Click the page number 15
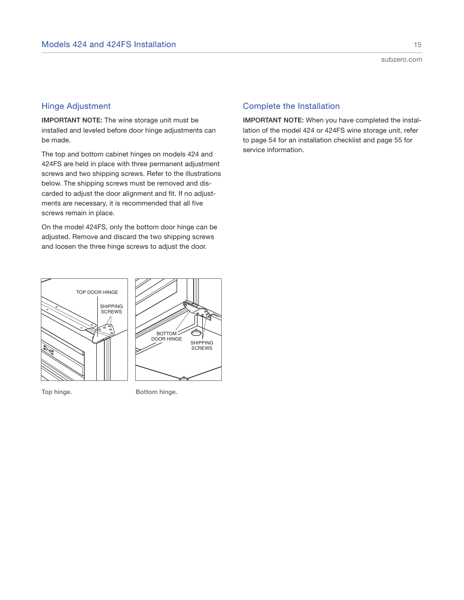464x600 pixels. (x=417, y=45)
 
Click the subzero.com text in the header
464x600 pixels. (x=401, y=59)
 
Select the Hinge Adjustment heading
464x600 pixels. (x=76, y=106)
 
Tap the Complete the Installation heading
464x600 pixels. (x=291, y=106)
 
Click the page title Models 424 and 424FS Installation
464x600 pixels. (x=108, y=44)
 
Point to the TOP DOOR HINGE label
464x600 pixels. (x=97, y=292)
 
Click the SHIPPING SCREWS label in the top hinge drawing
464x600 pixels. (x=111, y=309)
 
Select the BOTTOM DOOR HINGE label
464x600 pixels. (x=166, y=336)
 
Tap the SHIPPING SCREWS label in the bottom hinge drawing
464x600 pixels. (x=201, y=345)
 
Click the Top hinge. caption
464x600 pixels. (x=56, y=392)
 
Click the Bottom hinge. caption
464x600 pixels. (x=156, y=392)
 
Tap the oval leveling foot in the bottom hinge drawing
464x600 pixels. (x=196, y=333)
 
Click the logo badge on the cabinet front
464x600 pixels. (x=48, y=349)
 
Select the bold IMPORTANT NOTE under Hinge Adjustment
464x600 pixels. (x=71, y=120)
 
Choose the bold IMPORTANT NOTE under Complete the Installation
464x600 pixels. (x=273, y=120)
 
